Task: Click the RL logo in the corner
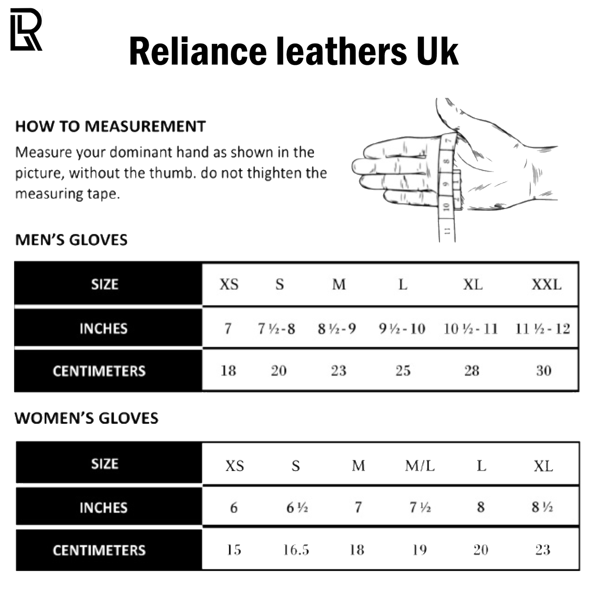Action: [x=26, y=30]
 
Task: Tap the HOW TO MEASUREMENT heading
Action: [x=110, y=126]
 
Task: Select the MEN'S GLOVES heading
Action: [x=71, y=240]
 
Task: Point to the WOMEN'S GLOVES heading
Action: [x=86, y=419]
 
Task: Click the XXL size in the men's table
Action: [x=546, y=285]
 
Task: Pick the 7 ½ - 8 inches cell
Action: [x=276, y=329]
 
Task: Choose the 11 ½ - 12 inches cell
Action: [x=542, y=329]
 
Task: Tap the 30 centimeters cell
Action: [x=544, y=371]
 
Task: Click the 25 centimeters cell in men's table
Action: [x=403, y=371]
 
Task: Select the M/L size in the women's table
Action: [x=420, y=466]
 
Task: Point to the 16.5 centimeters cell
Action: [x=296, y=550]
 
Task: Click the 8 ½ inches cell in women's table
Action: [x=542, y=507]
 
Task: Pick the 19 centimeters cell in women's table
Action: [x=419, y=550]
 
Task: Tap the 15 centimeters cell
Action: [x=233, y=550]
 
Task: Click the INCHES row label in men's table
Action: [x=103, y=329]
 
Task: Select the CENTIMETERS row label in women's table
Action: [x=99, y=550]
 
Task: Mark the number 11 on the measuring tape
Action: [x=447, y=231]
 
